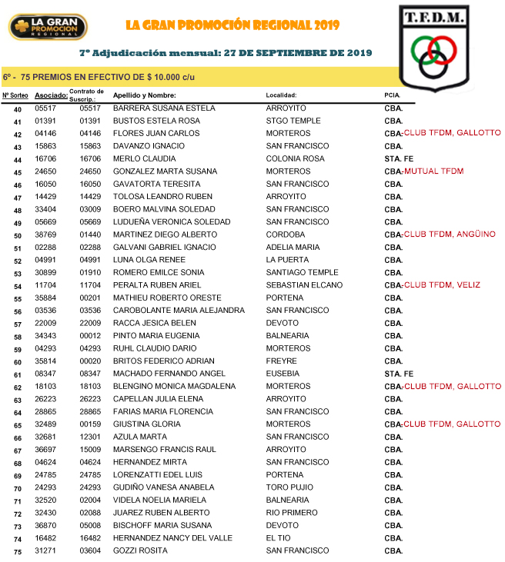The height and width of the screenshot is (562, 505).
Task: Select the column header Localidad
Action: point(281,95)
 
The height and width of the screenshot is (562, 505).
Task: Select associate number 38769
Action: point(45,234)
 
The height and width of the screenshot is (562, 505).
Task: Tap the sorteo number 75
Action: point(18,552)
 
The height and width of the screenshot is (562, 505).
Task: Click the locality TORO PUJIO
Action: point(289,487)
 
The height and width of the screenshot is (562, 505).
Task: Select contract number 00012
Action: point(90,336)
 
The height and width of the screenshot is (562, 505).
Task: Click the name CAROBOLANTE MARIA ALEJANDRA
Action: point(179,311)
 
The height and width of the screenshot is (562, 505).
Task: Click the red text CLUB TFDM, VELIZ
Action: point(446,285)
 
